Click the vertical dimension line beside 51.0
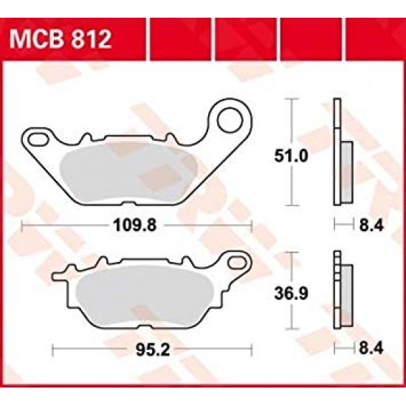pos(295,155)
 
